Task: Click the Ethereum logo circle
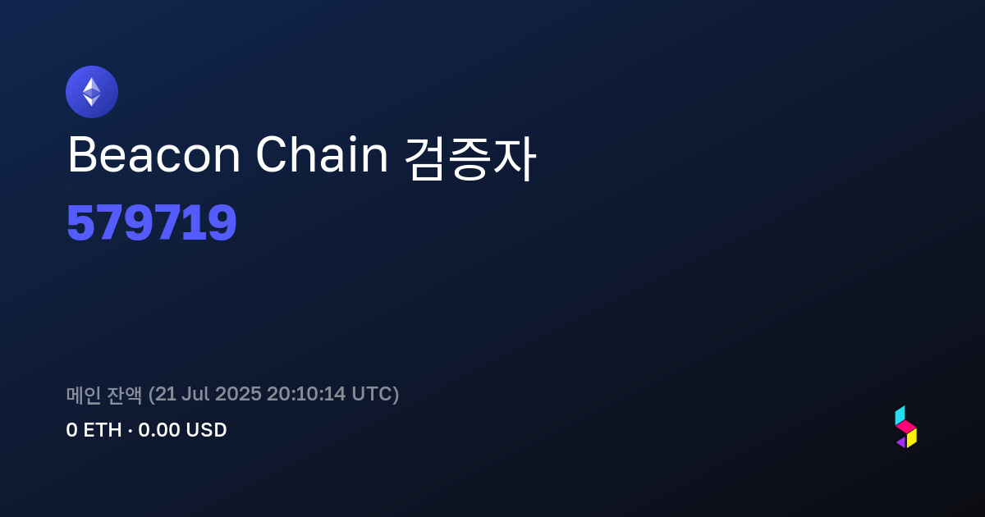click(x=92, y=92)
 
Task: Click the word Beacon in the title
click(x=154, y=155)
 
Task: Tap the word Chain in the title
click(x=322, y=154)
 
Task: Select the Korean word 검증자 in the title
click(x=470, y=158)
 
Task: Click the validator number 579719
click(x=152, y=222)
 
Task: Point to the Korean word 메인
click(x=84, y=395)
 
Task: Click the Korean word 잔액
click(x=125, y=395)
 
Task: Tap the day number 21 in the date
click(x=165, y=394)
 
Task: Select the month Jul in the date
click(x=195, y=394)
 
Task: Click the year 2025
click(x=238, y=394)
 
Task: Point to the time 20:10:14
click(x=306, y=394)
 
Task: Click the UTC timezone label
click(x=371, y=394)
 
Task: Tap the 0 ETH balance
click(x=94, y=430)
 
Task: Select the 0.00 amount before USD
click(x=159, y=430)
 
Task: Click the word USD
click(x=206, y=430)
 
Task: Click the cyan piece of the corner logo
click(x=900, y=415)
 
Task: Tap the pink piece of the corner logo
click(x=906, y=426)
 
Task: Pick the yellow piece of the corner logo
click(x=912, y=438)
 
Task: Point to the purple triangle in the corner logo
click(x=902, y=442)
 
